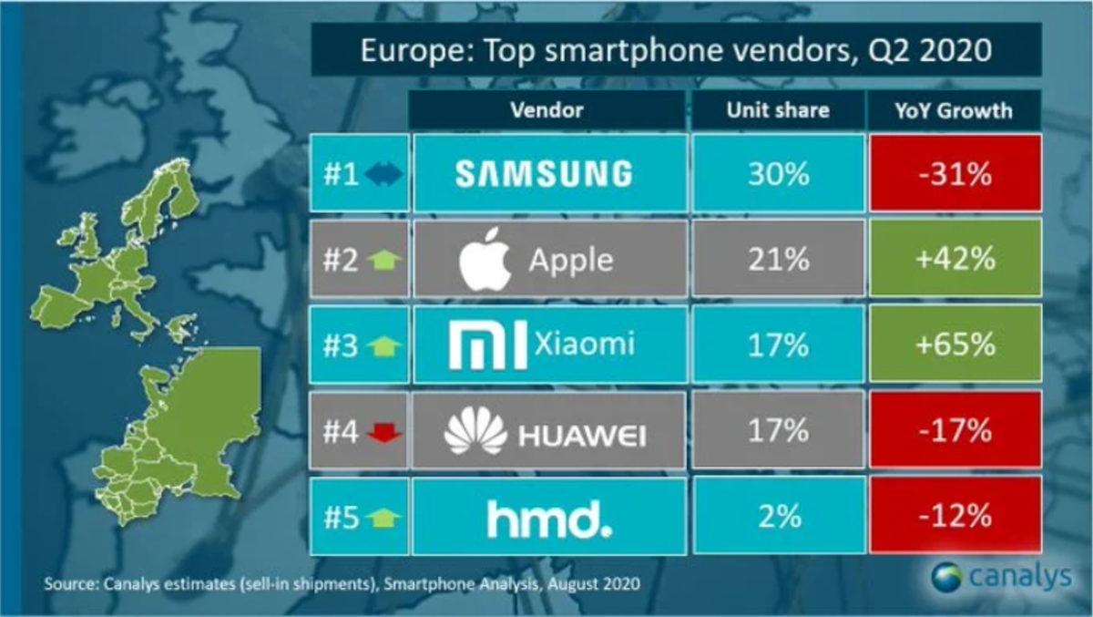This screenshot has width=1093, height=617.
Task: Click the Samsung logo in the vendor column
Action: [x=544, y=173]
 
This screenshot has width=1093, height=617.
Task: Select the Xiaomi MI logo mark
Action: [x=488, y=345]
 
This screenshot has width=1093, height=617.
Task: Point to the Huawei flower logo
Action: [x=475, y=431]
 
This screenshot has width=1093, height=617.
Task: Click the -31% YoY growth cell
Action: [x=954, y=173]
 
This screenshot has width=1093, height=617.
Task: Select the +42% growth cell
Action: [x=954, y=260]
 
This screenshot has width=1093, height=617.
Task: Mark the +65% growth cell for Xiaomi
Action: [x=954, y=345]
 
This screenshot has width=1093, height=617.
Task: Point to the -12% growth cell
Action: [x=954, y=518]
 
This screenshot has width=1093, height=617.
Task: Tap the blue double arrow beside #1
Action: [x=383, y=174]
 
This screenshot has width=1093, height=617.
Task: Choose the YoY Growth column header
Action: [x=954, y=110]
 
